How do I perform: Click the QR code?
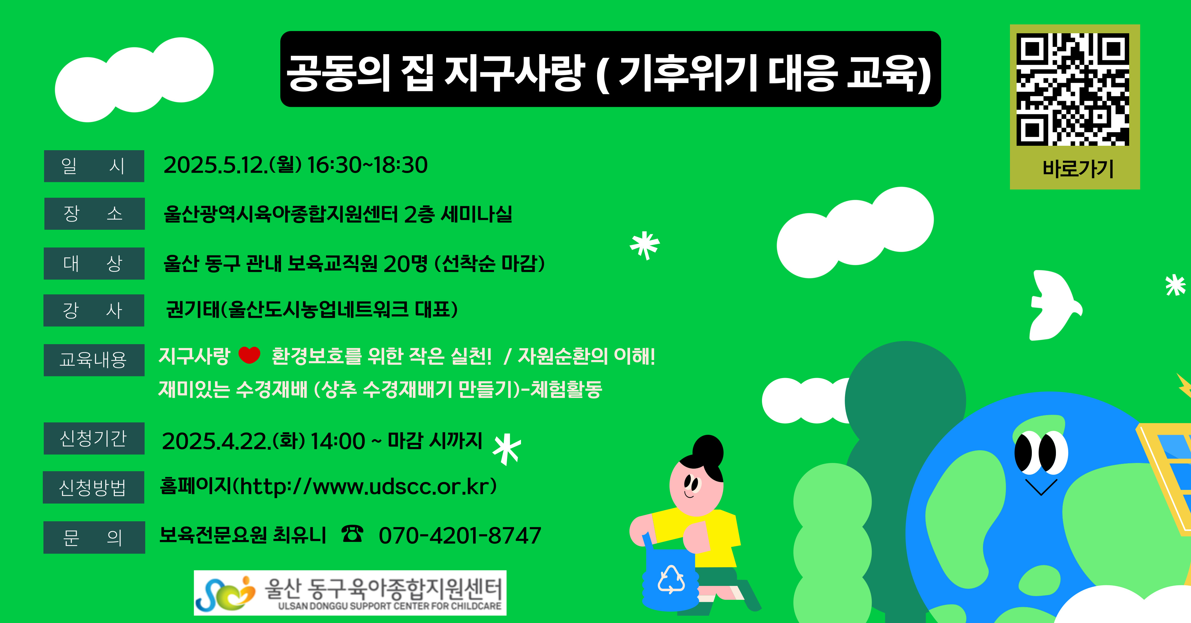1073,89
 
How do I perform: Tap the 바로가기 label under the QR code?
1078,169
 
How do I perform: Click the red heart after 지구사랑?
250,355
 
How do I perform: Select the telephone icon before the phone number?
352,534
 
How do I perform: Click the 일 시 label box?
94,166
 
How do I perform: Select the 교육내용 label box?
94,360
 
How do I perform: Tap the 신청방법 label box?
94,487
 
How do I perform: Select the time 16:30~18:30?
368,165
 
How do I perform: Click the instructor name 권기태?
193,310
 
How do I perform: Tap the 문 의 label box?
94,537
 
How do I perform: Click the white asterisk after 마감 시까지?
507,449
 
